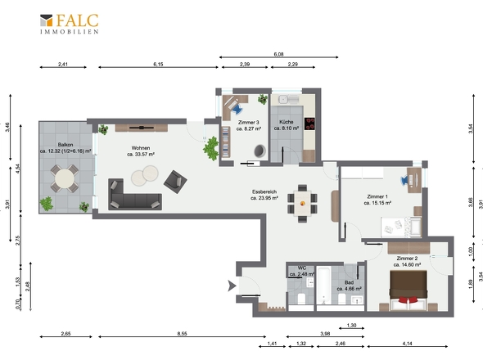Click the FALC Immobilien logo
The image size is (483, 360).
[70, 24]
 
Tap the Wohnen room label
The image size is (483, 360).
[141, 151]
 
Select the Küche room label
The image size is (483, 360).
[287, 124]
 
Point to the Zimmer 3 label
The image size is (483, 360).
[249, 125]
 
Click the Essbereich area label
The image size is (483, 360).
[264, 195]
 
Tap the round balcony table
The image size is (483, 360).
[65, 178]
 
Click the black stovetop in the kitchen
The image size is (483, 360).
[309, 124]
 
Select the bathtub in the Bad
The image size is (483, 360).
[323, 286]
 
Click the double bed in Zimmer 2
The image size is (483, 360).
[409, 290]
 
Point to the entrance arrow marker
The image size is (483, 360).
[232, 286]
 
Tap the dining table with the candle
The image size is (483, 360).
[303, 204]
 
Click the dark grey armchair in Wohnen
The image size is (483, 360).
[175, 182]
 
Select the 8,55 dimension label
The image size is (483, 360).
[182, 334]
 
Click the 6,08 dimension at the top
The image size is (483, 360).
[278, 54]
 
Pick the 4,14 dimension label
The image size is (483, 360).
[407, 344]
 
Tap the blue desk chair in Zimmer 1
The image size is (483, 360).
[404, 181]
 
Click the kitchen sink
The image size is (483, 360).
[282, 99]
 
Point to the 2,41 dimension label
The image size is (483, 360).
[63, 65]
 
